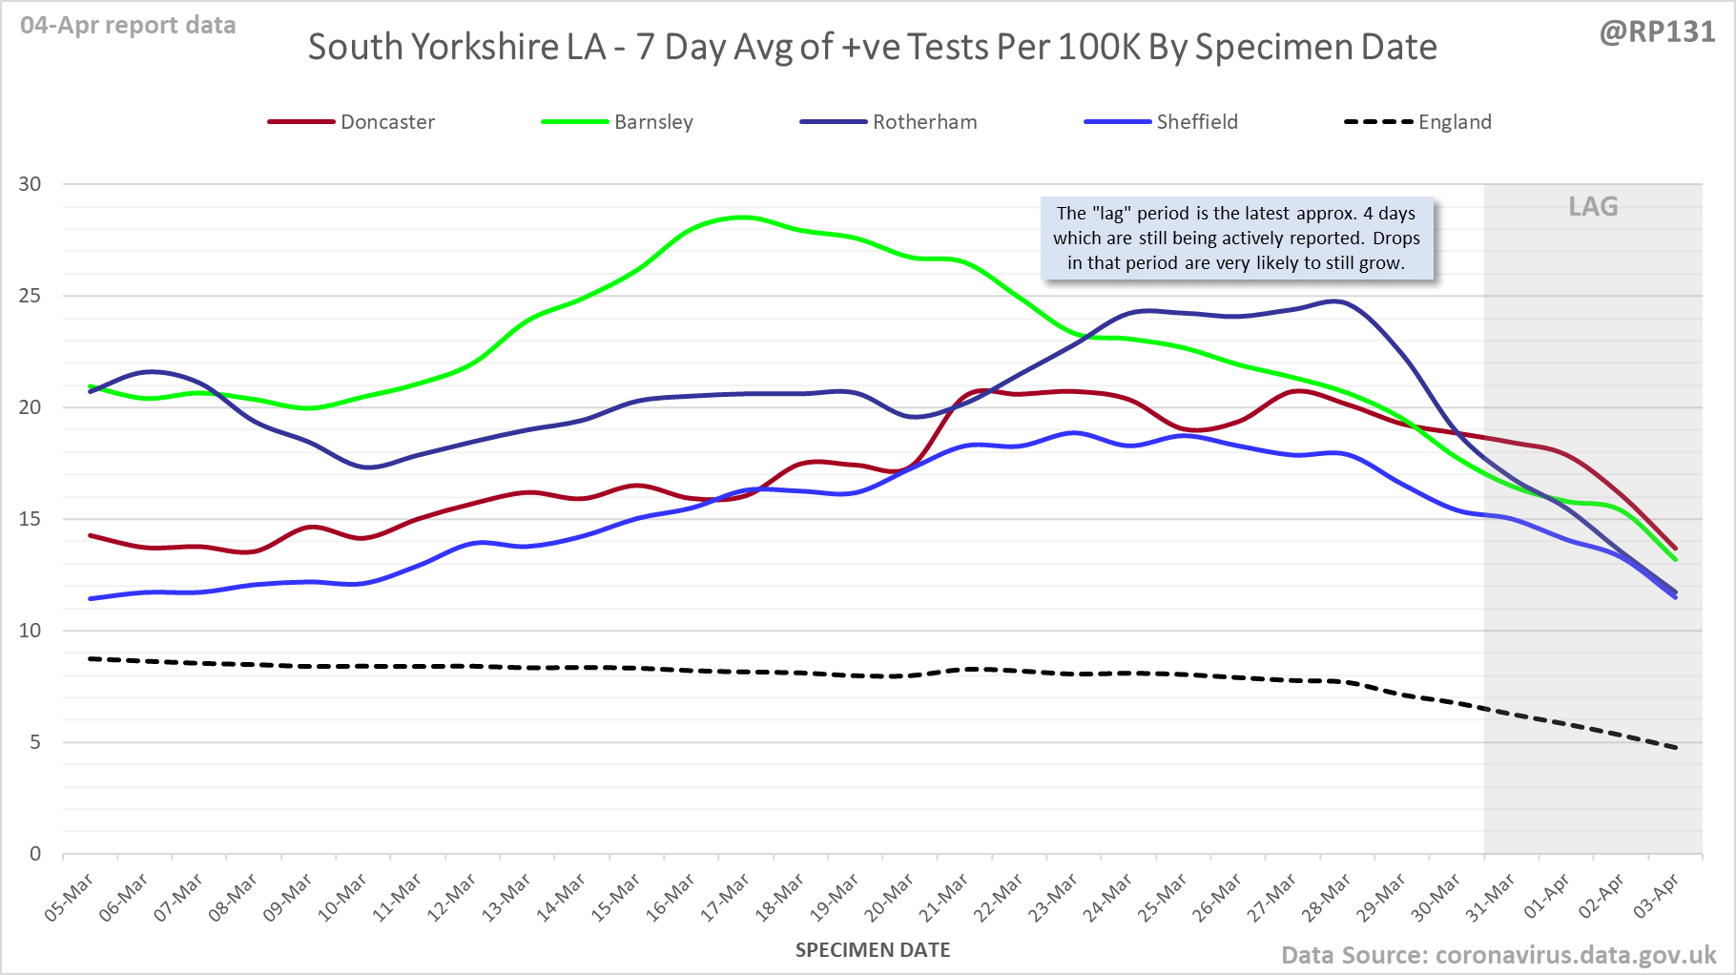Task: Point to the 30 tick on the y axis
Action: coord(31,184)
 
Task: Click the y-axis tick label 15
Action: coord(31,519)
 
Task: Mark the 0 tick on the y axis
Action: coord(35,854)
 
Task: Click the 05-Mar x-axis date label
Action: coord(70,897)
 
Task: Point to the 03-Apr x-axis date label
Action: coord(1657,897)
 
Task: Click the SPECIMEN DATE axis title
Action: coord(873,950)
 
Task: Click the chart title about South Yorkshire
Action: coord(872,47)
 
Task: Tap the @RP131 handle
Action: coord(1657,32)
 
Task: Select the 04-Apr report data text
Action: coord(128,26)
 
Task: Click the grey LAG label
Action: coord(1593,206)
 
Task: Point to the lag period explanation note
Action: coord(1236,239)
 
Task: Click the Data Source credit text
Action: coord(1498,955)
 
